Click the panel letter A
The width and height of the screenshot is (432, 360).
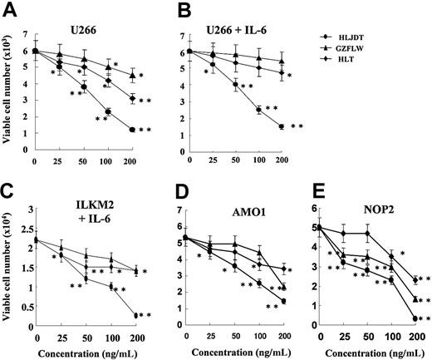[11, 11]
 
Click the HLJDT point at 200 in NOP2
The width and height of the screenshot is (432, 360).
[415, 318]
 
